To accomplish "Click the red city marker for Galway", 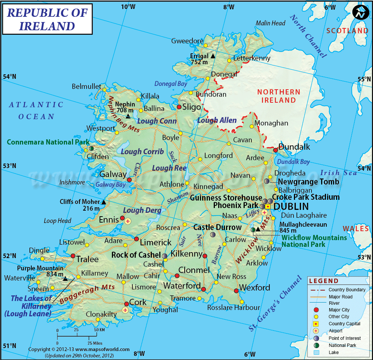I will click(x=129, y=180).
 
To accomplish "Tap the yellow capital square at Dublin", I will click(x=268, y=206).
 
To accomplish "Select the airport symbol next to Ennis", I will click(x=128, y=221).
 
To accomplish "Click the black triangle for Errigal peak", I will click(x=213, y=56).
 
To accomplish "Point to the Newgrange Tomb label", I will click(x=308, y=181).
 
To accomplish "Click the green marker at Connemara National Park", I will click(x=91, y=148).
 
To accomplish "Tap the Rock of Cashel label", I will click(x=136, y=255).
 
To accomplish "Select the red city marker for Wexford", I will click(x=236, y=291).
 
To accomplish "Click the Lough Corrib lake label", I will click(x=142, y=152).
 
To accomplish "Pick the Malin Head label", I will click(x=270, y=23).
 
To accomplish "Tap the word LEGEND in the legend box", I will click(x=324, y=281).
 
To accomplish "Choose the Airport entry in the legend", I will click(x=335, y=330).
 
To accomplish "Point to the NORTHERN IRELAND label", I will click(x=279, y=96).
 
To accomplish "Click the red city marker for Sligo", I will click(x=179, y=107).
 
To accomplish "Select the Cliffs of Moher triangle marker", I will click(x=104, y=202).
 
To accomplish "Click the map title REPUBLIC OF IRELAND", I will click(x=47, y=19).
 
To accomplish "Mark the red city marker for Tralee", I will click(x=73, y=256).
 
